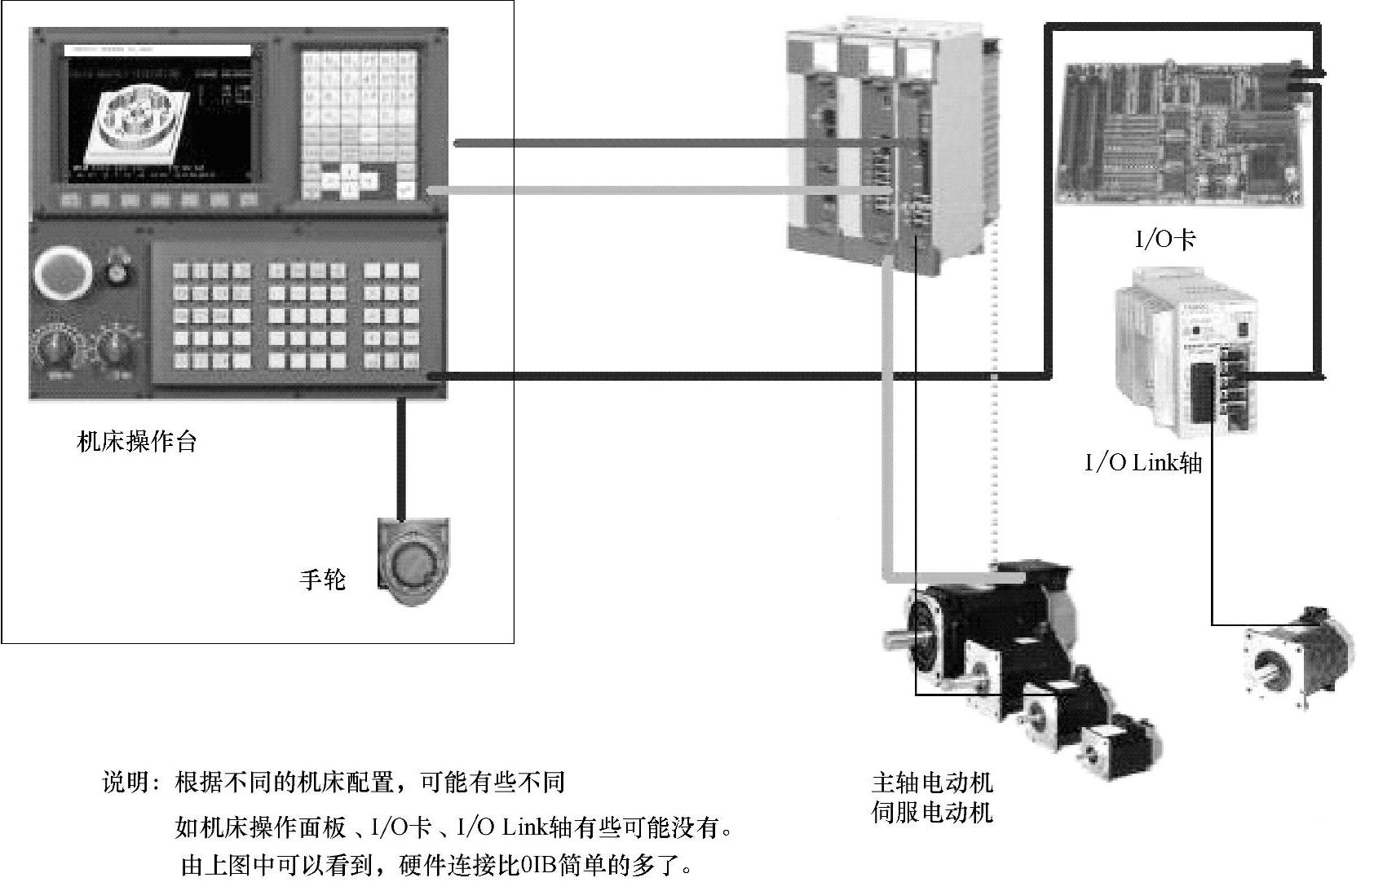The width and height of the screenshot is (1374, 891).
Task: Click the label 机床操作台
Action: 137,442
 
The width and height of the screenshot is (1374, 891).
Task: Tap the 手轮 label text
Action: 323,580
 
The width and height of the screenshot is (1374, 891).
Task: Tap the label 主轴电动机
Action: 932,783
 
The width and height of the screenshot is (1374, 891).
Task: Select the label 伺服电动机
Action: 932,813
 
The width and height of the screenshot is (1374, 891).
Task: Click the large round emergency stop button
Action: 61,274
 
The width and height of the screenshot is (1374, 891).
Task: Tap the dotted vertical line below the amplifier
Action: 994,408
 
